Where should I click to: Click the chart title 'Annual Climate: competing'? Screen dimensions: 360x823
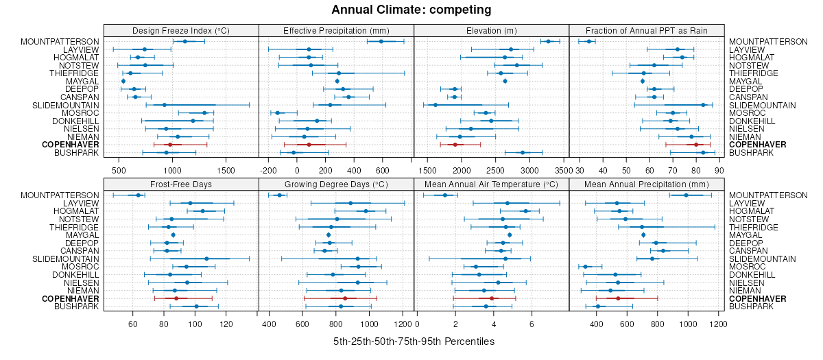(411, 10)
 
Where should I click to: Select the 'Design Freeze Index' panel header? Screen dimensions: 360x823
(181, 30)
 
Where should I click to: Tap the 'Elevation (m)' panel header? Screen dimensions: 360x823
(492, 30)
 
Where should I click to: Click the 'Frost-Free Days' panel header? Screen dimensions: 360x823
(181, 184)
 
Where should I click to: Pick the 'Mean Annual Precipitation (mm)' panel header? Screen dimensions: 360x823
(647, 184)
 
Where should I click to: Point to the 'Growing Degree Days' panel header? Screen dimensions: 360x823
(336, 184)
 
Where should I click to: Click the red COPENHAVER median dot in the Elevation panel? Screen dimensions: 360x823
(454, 145)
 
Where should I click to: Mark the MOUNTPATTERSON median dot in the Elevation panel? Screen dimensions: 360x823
(547, 42)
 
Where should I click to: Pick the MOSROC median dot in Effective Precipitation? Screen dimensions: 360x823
(278, 113)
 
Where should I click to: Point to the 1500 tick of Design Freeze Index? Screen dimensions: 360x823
(226, 170)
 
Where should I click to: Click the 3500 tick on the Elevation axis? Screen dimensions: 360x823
(563, 170)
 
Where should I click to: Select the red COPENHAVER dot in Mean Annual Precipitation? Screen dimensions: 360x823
(618, 298)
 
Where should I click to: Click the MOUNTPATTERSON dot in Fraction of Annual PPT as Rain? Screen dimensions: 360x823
(588, 42)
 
